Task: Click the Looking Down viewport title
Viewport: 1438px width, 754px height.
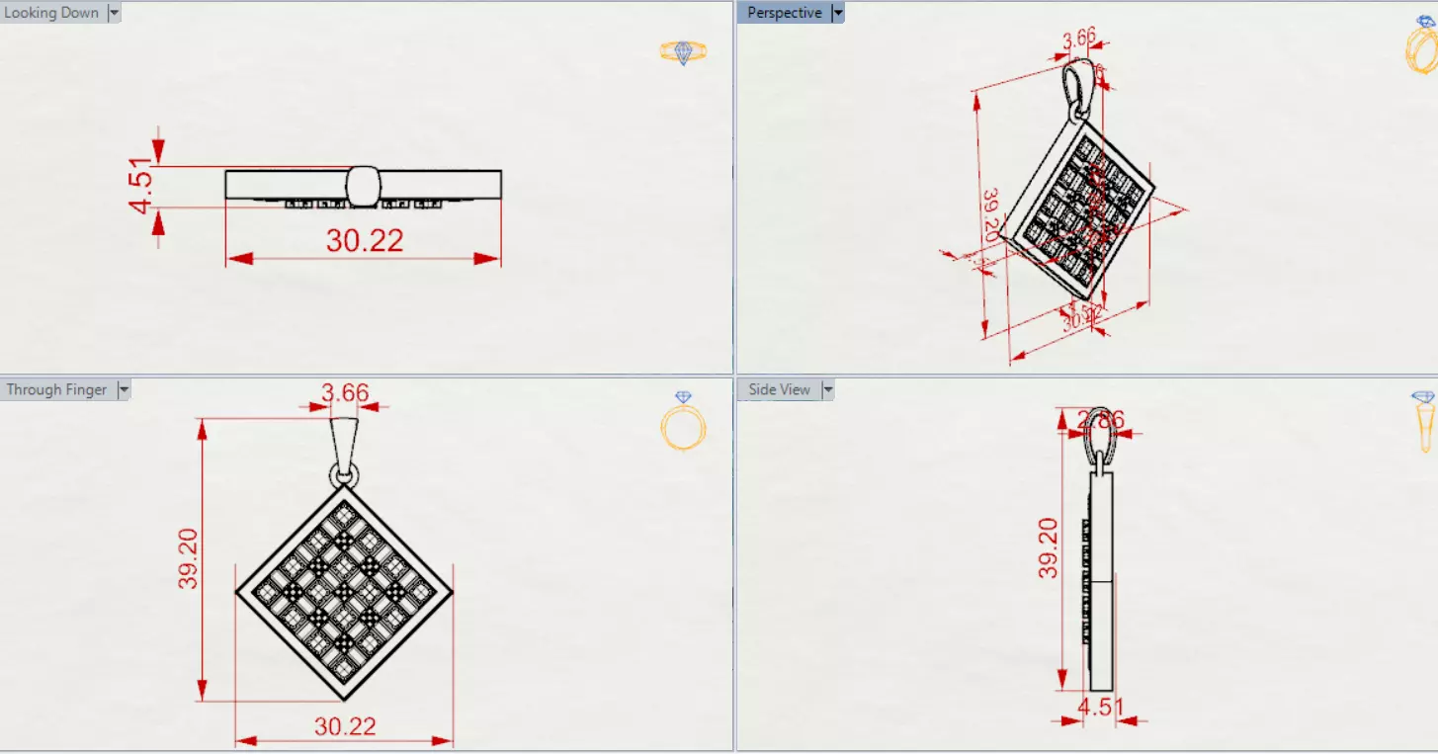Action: pos(51,13)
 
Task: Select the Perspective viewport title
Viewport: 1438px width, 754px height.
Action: pos(784,13)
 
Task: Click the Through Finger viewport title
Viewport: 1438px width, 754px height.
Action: pos(56,389)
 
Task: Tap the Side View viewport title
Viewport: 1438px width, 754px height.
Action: pos(779,389)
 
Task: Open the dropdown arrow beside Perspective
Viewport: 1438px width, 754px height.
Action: pos(838,13)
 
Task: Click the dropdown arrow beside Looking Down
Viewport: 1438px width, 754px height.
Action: pos(114,13)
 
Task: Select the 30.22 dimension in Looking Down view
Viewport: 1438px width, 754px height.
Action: pos(365,240)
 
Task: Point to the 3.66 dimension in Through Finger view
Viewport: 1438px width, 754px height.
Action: pos(344,393)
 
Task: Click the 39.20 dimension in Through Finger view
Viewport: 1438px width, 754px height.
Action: pos(188,558)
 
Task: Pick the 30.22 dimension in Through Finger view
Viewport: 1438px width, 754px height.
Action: pos(345,726)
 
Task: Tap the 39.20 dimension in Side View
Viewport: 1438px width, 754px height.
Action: pos(1049,548)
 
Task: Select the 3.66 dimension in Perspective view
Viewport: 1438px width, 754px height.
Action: pos(1079,40)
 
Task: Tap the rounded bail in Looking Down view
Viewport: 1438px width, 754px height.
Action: pos(364,186)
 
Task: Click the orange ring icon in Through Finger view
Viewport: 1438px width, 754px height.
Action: pos(683,423)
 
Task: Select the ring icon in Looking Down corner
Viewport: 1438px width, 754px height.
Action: pos(683,52)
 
